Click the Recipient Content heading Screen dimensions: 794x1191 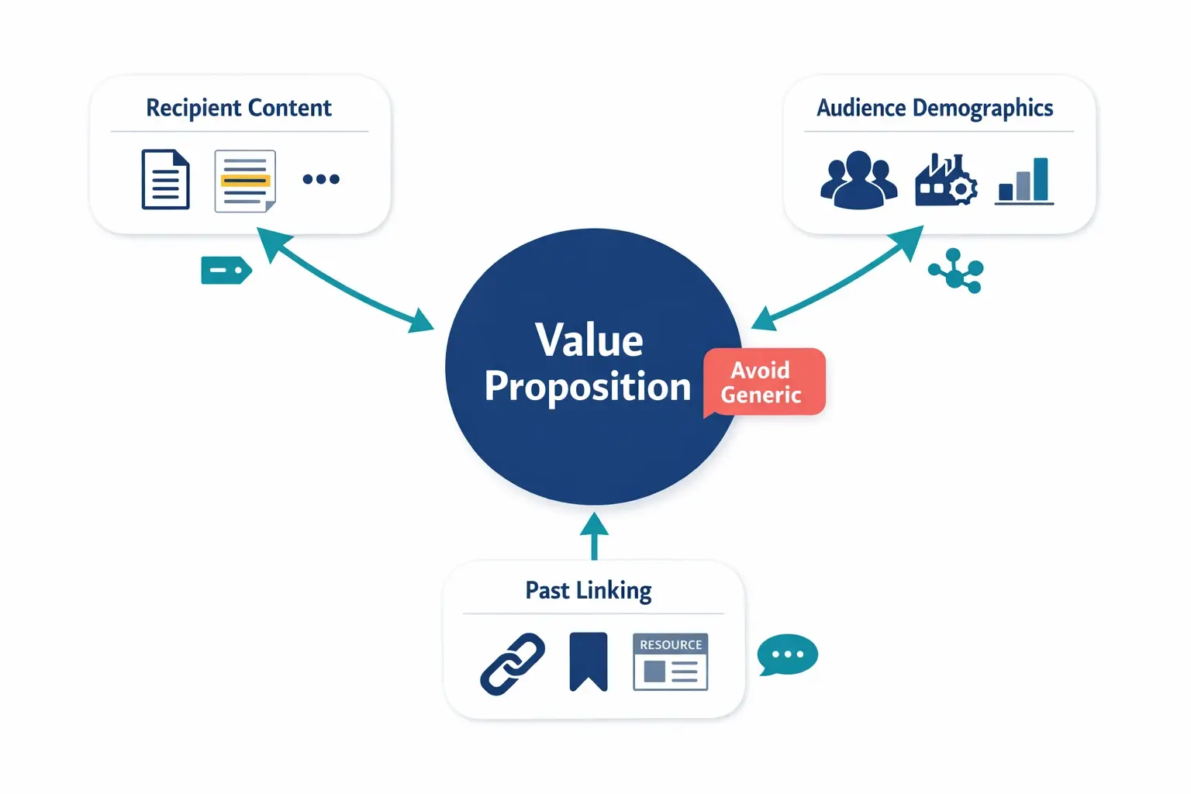click(239, 108)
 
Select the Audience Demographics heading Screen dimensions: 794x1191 click(934, 108)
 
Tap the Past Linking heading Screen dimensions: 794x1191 click(589, 590)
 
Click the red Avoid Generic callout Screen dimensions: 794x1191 click(763, 382)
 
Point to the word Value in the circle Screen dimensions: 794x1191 click(589, 340)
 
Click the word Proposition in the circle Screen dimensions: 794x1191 click(587, 386)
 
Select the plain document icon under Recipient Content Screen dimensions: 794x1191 click(165, 180)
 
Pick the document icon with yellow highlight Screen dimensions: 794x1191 click(245, 181)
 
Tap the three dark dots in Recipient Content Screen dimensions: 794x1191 click(321, 179)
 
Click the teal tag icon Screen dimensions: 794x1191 click(226, 271)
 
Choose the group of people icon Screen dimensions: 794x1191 click(858, 180)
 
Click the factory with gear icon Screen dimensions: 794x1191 click(945, 180)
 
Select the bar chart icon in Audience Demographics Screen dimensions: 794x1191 click(1024, 181)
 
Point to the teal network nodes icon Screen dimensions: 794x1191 click(957, 271)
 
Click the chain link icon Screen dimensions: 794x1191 click(513, 664)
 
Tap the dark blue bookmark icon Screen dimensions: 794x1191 click(589, 661)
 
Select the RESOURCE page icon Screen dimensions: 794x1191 click(670, 662)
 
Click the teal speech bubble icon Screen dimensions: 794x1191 click(787, 655)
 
